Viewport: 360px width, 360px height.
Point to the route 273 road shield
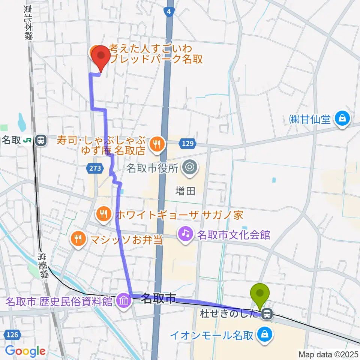(x=95, y=169)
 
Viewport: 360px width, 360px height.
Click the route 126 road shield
(x=12, y=334)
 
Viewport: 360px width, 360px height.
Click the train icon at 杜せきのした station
(x=267, y=313)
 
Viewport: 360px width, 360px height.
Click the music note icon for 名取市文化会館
(x=185, y=235)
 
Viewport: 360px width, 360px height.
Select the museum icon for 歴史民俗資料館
(x=124, y=300)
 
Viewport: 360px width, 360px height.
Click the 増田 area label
(x=185, y=191)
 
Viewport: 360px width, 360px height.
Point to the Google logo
(x=25, y=351)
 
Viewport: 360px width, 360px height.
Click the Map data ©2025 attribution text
(x=328, y=354)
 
